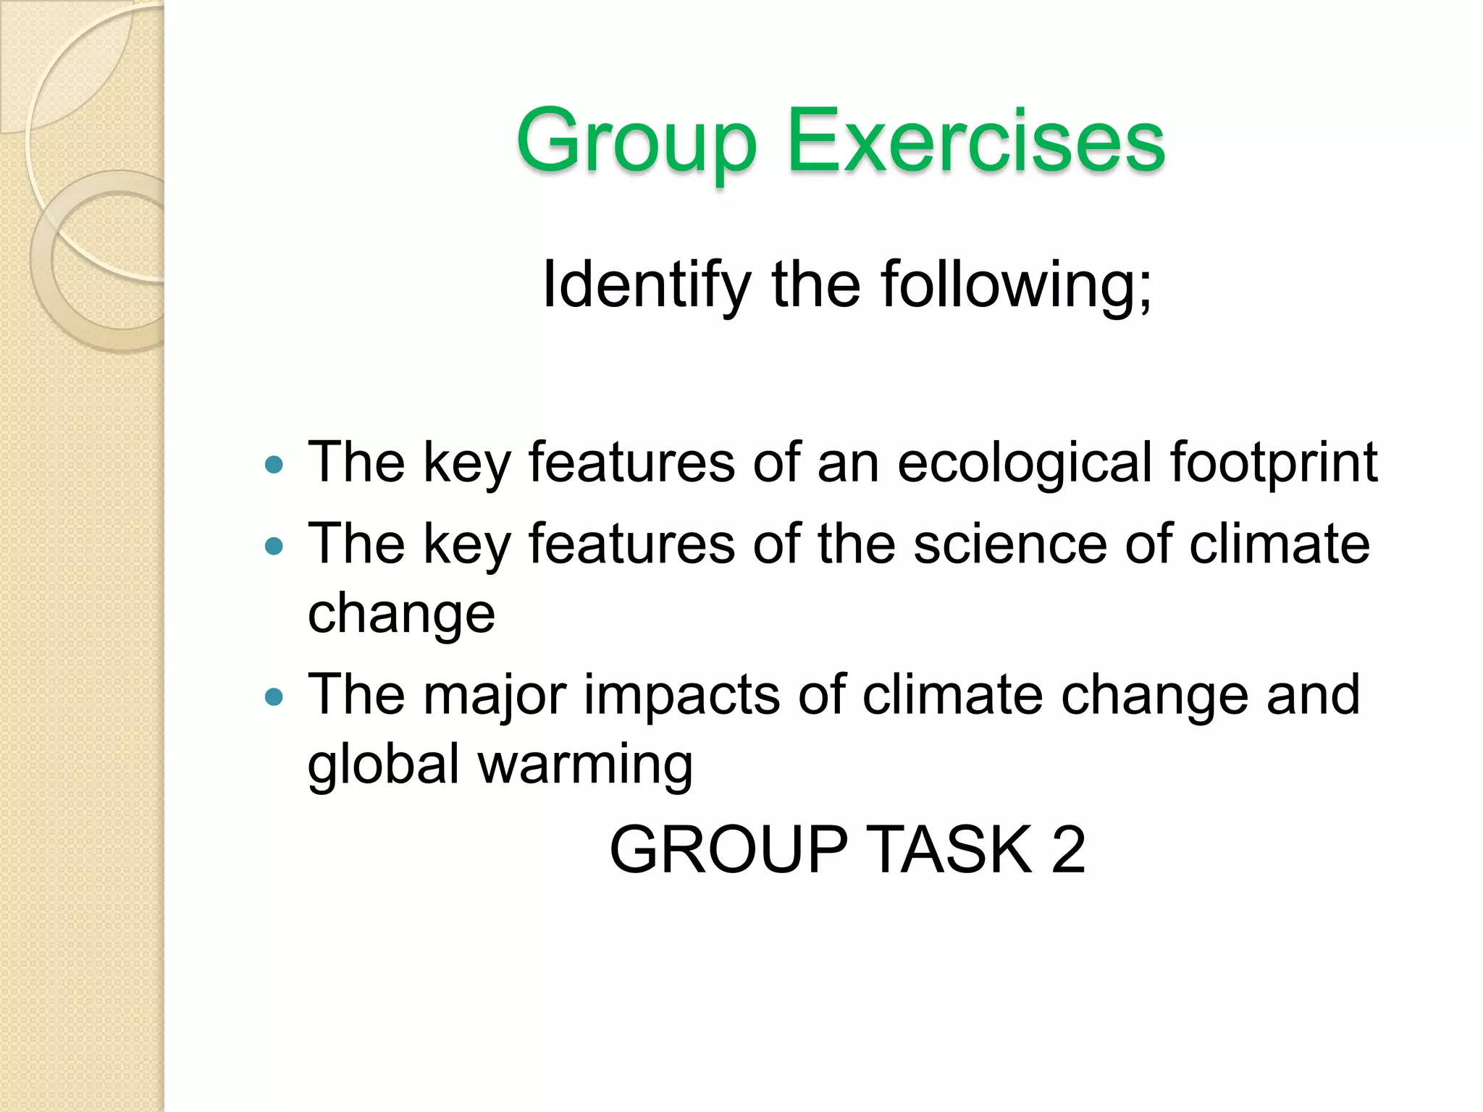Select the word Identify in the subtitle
coord(646,285)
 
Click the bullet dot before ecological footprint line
coord(274,464)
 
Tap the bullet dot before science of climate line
coord(274,546)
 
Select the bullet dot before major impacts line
coord(274,696)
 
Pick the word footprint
coord(1274,463)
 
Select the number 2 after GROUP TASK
coord(1068,849)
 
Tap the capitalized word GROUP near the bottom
coord(728,849)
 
